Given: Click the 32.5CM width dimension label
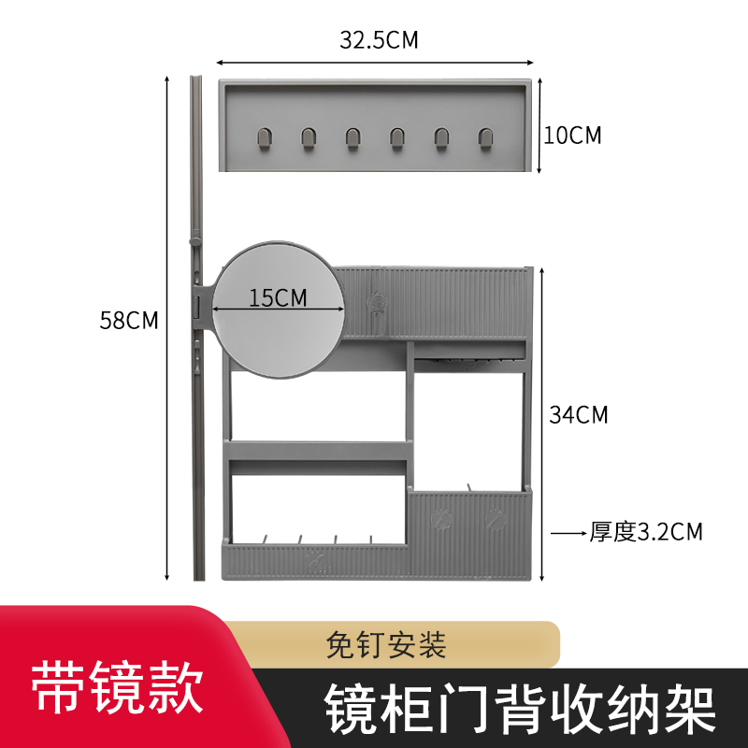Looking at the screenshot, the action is point(378,40).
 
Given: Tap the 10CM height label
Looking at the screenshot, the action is point(572,136).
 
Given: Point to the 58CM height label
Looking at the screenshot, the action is point(129,320).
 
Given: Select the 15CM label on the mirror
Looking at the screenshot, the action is point(278,298).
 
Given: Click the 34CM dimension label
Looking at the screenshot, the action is point(578,414).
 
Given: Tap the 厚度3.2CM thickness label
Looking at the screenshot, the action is point(645,532).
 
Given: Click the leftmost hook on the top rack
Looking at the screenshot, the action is point(262,138).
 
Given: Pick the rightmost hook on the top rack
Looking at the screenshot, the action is point(484,138).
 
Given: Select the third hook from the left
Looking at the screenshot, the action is point(352,138).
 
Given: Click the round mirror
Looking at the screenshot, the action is point(278,323).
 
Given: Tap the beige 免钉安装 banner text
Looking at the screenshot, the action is point(386,644).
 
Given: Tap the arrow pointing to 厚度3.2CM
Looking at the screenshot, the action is point(568,533).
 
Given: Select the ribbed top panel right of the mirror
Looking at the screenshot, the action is point(435,301).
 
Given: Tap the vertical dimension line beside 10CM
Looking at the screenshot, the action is point(540,126).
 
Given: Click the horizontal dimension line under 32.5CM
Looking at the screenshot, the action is point(379,61).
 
